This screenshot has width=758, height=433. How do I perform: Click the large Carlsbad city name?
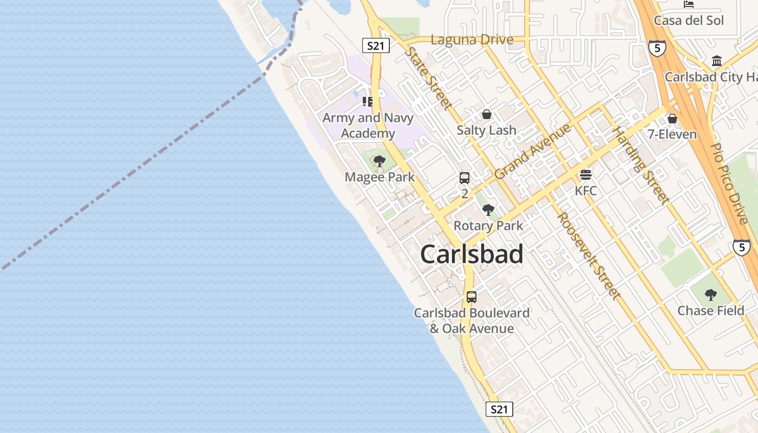pos(472,254)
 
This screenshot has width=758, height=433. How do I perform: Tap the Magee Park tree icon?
pos(380,161)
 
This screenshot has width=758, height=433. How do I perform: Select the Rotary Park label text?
pos(488,226)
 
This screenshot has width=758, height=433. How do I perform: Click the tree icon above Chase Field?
pos(711,295)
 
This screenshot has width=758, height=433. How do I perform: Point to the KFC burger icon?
pos(586,175)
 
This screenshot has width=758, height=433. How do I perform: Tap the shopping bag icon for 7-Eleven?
pos(672,118)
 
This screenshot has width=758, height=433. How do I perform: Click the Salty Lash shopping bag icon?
pos(486,114)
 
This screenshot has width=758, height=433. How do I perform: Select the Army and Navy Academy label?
pos(368,126)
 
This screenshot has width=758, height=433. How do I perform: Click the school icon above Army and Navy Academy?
pos(368,101)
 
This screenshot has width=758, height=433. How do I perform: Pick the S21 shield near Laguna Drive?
pos(375,45)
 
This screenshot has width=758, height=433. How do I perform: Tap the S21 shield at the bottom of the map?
pos(499,409)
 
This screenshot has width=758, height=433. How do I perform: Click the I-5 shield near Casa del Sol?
pos(656,48)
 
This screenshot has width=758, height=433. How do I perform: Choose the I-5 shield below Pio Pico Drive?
pos(741,247)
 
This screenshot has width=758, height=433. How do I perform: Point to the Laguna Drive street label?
pos(472,40)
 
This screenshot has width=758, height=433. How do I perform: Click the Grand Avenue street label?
pos(533,152)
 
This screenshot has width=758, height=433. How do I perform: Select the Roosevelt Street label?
pos(589,255)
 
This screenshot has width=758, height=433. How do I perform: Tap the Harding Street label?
pos(641,165)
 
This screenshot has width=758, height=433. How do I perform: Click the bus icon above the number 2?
pos(464,178)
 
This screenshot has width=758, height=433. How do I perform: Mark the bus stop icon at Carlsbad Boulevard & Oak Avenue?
pos(472,297)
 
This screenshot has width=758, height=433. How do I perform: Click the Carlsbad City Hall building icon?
pos(717,60)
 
